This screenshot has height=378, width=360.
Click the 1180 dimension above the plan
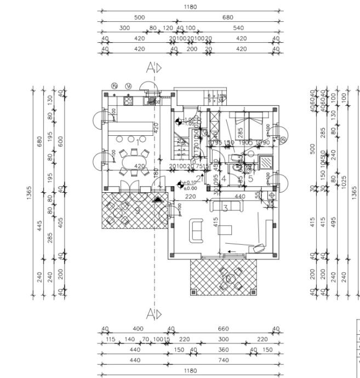click(190, 7)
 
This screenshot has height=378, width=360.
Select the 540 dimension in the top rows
click(238, 27)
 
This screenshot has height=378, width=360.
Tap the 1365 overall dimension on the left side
click(29, 192)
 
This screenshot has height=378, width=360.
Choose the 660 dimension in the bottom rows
click(223, 329)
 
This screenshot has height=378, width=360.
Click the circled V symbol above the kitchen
click(128, 86)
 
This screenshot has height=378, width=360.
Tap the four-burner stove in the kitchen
click(130, 100)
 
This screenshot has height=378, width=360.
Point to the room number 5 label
click(250, 177)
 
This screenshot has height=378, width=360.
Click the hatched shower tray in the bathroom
click(265, 163)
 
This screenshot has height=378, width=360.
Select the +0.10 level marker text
click(191, 183)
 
